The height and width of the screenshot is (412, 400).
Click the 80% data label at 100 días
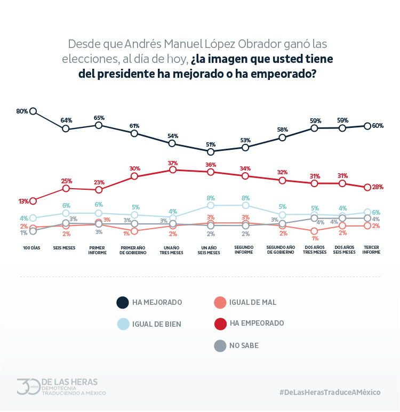22,111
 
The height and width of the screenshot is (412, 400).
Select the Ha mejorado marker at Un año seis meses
211,152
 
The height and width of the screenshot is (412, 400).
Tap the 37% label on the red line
172,163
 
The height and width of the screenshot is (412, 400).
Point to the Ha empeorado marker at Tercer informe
367,187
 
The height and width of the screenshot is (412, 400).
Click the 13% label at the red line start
23,201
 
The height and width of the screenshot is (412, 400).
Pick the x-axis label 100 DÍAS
31,248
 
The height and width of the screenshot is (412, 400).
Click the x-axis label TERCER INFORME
371,250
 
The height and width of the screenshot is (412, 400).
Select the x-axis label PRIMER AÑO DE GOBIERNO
135,250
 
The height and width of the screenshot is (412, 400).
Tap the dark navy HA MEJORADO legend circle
123,303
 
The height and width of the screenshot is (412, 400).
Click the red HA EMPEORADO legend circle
220,324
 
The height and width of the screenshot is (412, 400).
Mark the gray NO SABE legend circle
220,346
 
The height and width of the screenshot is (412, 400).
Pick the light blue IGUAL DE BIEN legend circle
123,324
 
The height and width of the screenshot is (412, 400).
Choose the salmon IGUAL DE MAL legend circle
220,303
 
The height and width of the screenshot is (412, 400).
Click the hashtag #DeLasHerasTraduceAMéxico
330,392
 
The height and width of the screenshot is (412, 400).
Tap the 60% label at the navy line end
378,126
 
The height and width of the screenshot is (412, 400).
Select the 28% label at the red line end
378,187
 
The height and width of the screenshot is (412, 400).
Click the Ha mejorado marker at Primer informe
99,125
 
